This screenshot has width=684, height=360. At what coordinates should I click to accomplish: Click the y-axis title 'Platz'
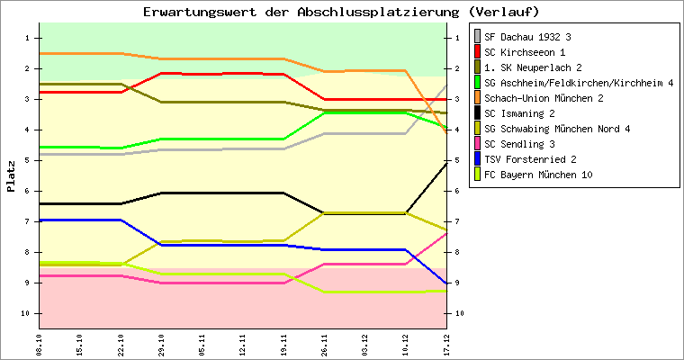point(12,176)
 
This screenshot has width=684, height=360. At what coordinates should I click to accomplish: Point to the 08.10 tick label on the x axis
point(39,344)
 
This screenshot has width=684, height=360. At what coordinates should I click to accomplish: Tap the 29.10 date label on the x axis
point(162,344)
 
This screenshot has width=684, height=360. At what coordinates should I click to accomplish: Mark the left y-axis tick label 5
point(28,160)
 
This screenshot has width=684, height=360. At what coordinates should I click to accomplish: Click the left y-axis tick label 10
point(26,313)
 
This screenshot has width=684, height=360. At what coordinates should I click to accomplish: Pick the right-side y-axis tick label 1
point(459,38)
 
